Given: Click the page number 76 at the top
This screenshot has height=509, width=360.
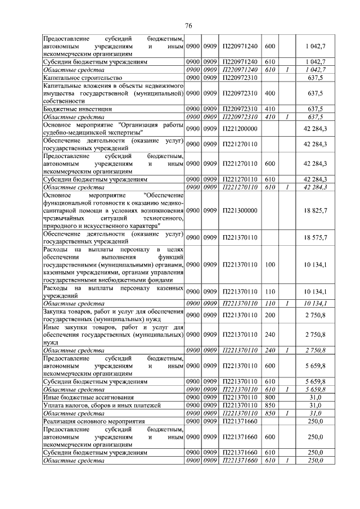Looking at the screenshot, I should (x=188, y=26).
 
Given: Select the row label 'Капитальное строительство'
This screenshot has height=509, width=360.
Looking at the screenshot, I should (x=83, y=77).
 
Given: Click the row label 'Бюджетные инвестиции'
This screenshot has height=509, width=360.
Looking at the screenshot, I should (x=78, y=109).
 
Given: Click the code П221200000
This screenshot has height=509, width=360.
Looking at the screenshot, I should (x=240, y=129).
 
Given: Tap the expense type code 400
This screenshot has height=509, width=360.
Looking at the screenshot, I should (x=269, y=93).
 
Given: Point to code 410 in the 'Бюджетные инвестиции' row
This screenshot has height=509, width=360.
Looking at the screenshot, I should (x=269, y=109).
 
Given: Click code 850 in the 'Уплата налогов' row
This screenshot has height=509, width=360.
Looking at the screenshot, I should (x=269, y=405).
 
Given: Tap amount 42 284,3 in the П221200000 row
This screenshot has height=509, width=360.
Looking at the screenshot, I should (x=316, y=129).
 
